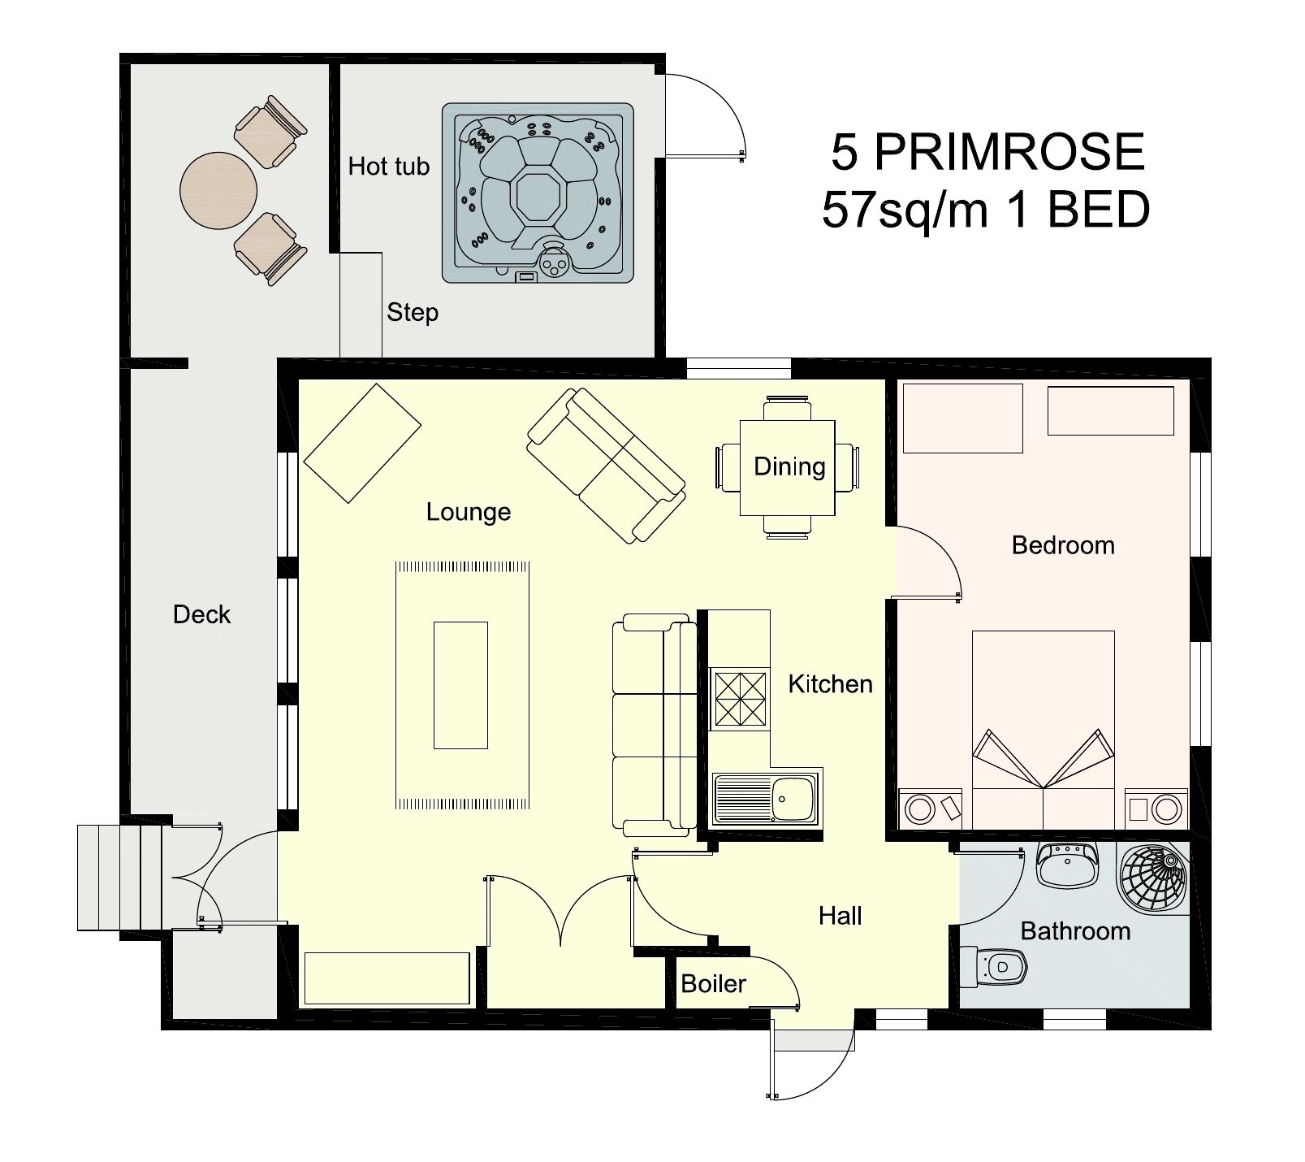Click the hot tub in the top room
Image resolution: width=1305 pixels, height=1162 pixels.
538,193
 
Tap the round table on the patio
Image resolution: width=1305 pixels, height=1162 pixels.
218,190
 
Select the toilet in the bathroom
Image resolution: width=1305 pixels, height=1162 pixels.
994,966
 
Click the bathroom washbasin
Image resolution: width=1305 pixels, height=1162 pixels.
1067,865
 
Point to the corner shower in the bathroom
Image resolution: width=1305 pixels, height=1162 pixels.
1153,878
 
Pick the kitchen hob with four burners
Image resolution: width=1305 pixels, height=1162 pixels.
739,697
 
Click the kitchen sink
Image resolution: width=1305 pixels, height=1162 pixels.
766,798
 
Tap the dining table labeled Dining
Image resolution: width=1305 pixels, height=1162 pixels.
788,467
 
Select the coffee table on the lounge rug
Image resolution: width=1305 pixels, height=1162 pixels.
460,684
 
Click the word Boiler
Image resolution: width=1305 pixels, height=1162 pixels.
713,984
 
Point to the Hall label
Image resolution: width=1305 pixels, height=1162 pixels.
840,917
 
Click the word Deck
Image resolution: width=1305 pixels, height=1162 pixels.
201,614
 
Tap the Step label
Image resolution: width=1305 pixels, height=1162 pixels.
413,313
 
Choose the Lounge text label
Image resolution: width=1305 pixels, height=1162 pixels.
469,512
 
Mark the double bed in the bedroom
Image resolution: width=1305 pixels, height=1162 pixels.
1044,728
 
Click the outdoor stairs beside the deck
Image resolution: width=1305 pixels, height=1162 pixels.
124,878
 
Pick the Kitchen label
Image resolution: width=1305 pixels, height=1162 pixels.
830,684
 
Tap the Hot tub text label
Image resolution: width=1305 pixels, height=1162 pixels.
388,167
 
